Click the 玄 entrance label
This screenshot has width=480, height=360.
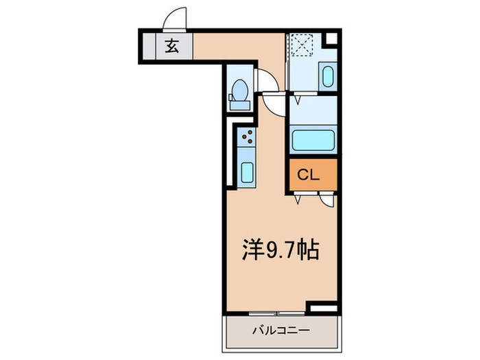tap(170, 47)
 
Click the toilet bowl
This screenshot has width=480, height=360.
tap(239, 90)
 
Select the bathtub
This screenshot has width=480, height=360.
tap(313, 139)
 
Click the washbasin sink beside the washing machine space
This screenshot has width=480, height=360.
tap(327, 76)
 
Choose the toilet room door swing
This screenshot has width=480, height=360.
tap(266, 82)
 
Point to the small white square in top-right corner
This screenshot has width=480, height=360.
tap(331, 39)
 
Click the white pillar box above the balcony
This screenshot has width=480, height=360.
tap(322, 308)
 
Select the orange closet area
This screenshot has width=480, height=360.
tap(313, 175)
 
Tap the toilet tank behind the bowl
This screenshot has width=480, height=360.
tap(239, 105)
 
